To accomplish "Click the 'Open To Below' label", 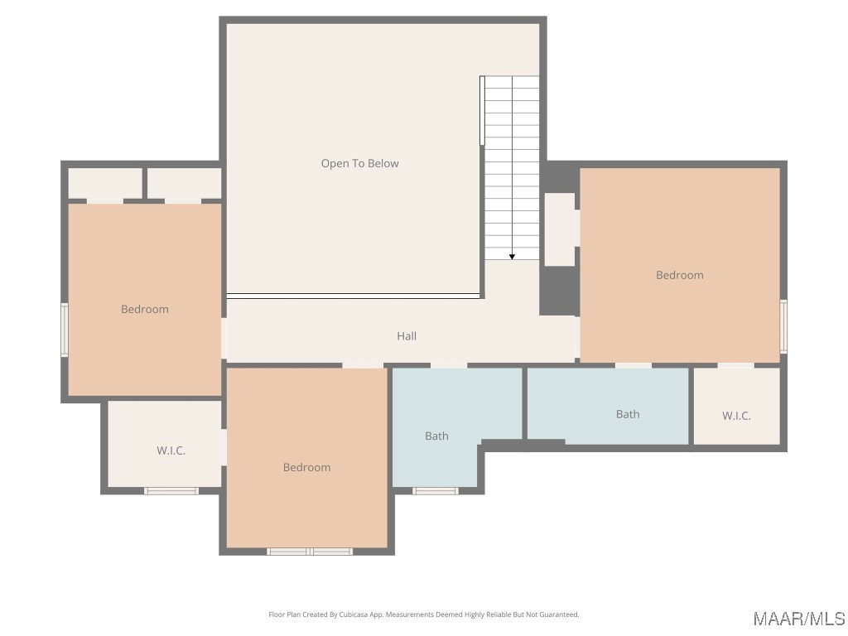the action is coord(359,163).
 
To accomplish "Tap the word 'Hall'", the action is coord(407,336).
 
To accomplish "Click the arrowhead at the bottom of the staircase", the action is coord(512,257).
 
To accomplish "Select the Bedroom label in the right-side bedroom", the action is coord(680,275).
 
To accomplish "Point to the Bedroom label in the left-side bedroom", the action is coord(144,309).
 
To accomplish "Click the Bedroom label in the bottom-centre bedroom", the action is coord(306,467).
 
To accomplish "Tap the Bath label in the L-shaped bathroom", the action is coord(436,436).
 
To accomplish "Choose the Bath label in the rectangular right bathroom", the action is coord(628,414).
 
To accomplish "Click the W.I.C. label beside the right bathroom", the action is coord(736,416).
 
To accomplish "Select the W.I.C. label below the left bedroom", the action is coord(171,450).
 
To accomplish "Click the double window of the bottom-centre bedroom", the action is coord(310,552).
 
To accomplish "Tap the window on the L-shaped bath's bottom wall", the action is coord(436,491).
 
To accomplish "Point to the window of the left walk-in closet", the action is coord(171,491).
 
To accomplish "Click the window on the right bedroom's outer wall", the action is coord(783,326).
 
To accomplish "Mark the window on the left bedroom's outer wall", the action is coord(65,330).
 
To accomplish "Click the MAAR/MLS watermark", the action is coord(799,619).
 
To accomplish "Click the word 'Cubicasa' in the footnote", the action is coord(354,614).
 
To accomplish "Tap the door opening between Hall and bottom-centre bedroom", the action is coord(363,365).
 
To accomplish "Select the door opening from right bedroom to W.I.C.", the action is coord(735,365).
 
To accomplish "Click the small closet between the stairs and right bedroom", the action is coord(560,229).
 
